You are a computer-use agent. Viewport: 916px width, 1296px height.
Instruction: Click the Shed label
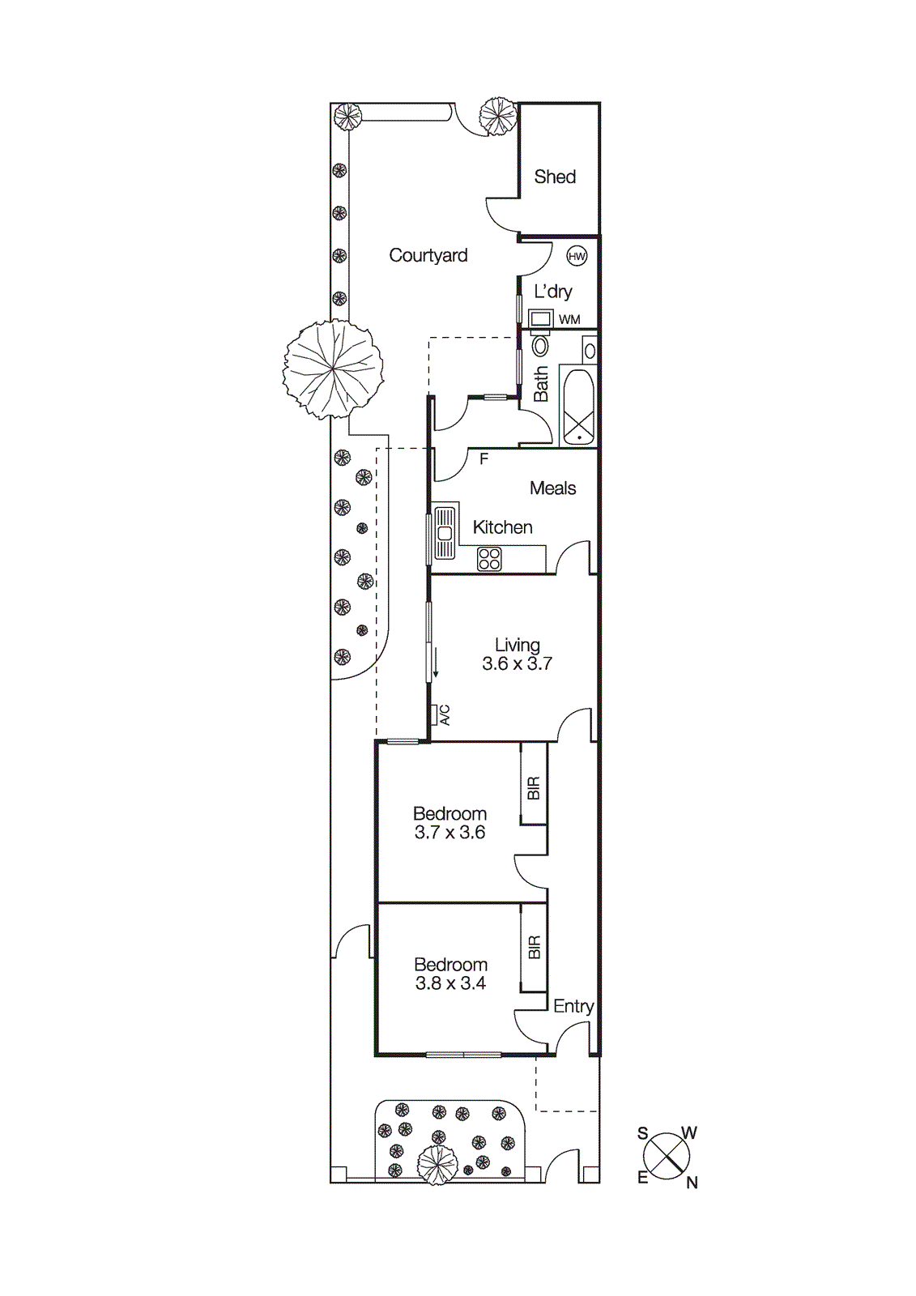pos(555,177)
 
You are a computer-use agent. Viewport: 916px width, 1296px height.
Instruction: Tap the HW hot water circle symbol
pos(577,257)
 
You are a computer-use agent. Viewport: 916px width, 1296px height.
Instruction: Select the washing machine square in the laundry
pos(541,318)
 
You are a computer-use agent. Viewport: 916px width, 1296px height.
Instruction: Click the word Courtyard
pos(428,255)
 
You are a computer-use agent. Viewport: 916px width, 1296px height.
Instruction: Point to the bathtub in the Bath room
pos(579,406)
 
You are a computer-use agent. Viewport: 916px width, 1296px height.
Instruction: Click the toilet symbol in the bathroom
pos(540,346)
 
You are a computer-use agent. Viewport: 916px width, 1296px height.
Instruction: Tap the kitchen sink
pos(444,533)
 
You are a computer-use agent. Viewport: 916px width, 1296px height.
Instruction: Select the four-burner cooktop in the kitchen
pos(489,559)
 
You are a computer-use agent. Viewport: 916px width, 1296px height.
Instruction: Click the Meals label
pos(553,488)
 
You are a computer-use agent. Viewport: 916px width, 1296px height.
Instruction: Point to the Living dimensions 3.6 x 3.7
pos(517,664)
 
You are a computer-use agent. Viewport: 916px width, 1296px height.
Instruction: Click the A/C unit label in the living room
pos(444,715)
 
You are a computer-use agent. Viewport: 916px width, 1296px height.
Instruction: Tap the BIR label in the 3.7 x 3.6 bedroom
pos(534,788)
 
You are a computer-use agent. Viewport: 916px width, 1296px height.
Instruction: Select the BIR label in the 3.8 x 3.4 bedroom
pos(534,947)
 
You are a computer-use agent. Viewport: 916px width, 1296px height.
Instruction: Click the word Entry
pos(573,1006)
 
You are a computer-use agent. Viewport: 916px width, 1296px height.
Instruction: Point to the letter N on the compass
pos(692,1183)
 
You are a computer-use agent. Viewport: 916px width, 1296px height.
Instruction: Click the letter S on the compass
pos(642,1133)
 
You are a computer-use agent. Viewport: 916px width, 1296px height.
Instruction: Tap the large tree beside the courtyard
pos(333,369)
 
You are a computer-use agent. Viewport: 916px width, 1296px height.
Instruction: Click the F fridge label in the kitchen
pos(484,459)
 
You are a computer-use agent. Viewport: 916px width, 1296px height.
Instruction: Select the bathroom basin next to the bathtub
pos(590,351)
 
